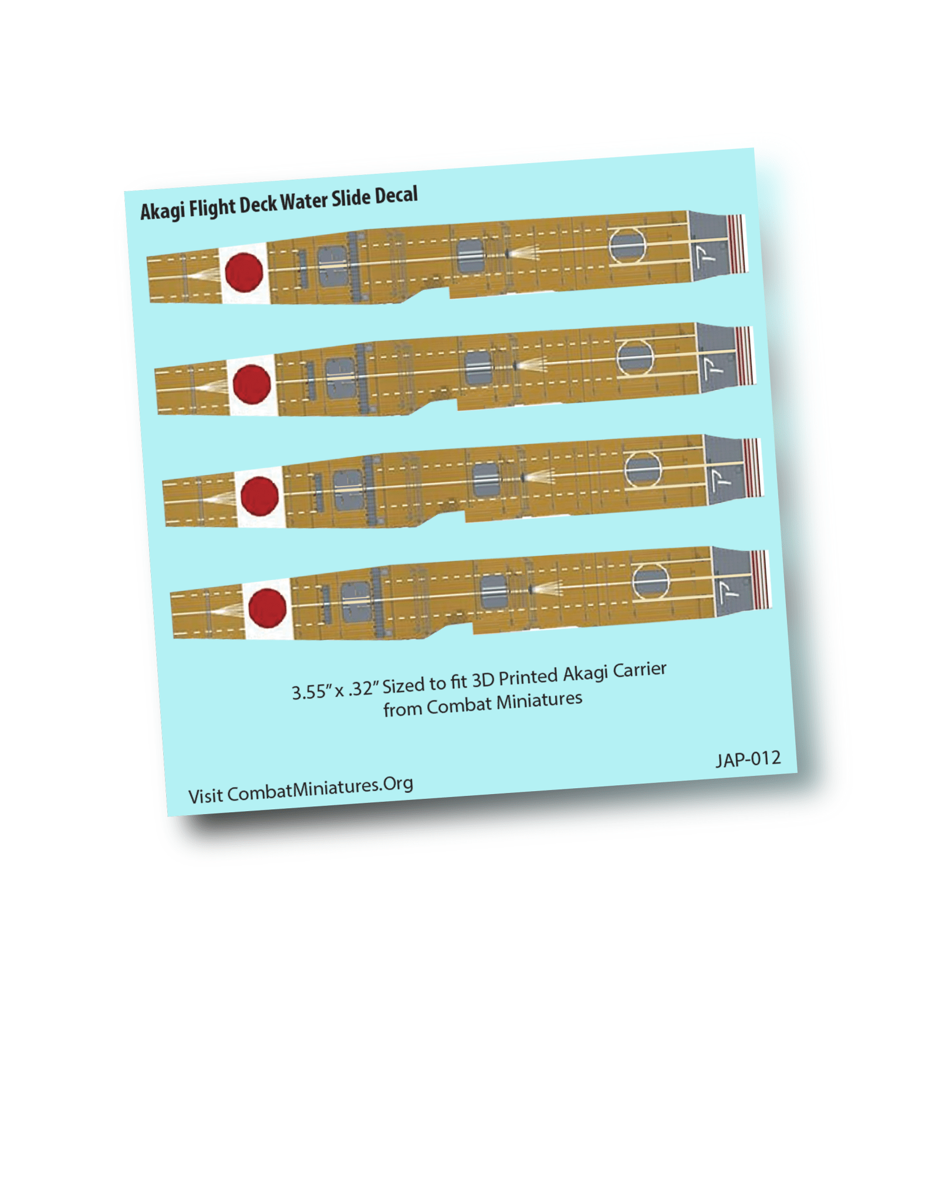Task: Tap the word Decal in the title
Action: point(396,195)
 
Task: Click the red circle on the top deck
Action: point(244,272)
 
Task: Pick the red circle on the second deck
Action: point(252,384)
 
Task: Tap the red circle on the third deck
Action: point(259,496)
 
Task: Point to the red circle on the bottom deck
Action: point(267,608)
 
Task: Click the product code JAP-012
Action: point(748,759)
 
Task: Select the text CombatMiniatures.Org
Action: point(320,789)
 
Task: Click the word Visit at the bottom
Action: point(205,796)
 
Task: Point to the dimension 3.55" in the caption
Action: point(309,691)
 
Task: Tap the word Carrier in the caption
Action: point(640,670)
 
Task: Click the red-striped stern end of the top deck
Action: point(737,244)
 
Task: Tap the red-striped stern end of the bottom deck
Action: point(761,579)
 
